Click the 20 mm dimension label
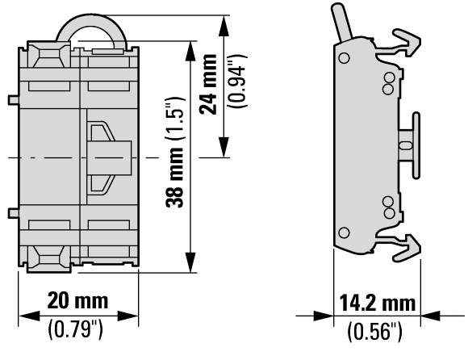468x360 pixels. [x=77, y=300]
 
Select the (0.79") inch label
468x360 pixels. [x=75, y=329]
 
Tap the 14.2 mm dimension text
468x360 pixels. [x=378, y=303]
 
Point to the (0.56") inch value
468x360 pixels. [x=375, y=331]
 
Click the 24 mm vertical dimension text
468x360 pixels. [x=208, y=84]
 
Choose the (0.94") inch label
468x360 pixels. [x=237, y=81]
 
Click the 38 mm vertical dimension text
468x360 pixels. [x=174, y=178]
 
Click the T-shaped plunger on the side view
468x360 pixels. [x=410, y=145]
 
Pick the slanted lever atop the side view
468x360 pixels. [x=342, y=22]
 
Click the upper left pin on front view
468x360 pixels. [x=14, y=100]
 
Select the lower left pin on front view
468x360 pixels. [x=14, y=213]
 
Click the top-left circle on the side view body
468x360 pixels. [x=344, y=57]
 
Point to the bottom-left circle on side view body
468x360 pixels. [x=344, y=232]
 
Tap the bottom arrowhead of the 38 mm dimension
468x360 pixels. [x=190, y=262]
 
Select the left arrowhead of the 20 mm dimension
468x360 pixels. [x=29, y=316]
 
